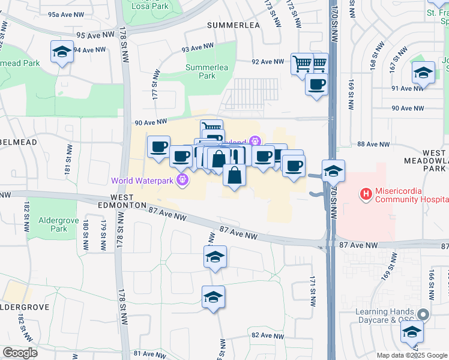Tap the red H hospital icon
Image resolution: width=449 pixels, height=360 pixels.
(364, 194)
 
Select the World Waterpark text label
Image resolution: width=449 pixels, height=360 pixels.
(142, 179)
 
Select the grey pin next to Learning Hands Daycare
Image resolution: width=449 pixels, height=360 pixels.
(424, 314)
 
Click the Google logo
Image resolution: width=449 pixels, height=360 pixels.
(20, 352)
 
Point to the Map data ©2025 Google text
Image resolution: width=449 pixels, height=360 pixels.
(411, 355)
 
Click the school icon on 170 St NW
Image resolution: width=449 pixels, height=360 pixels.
(333, 171)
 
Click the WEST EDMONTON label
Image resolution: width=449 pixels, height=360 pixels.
(130, 201)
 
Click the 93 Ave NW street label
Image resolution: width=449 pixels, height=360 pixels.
(197, 47)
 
